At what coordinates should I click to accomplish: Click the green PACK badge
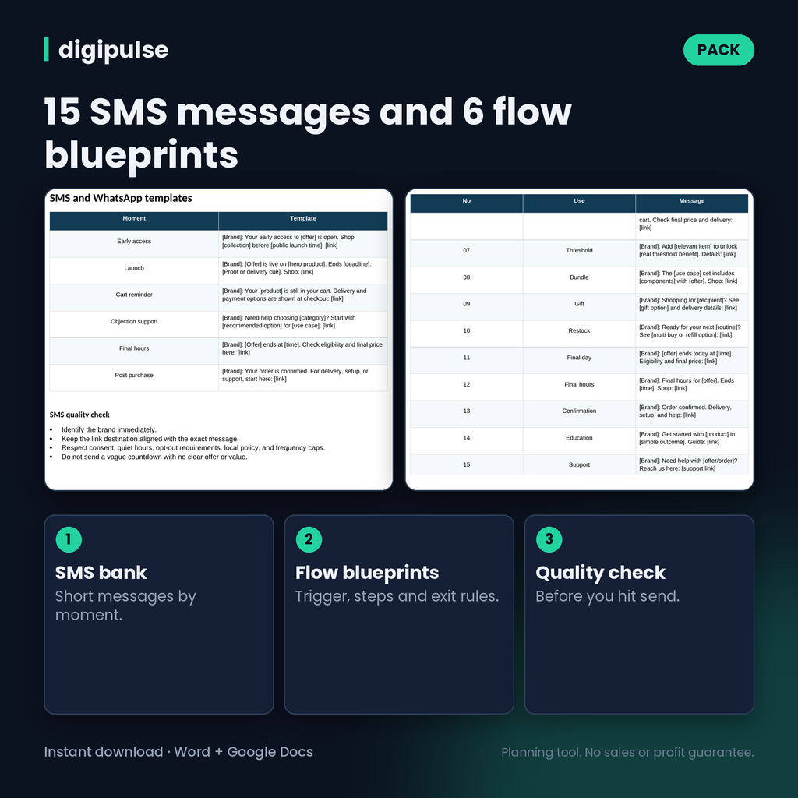point(719,50)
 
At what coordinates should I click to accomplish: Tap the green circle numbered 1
point(69,539)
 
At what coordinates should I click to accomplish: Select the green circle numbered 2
point(309,539)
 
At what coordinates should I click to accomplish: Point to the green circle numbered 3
point(549,539)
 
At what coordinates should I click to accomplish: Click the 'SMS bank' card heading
point(101,573)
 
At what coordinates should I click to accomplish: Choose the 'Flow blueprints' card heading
point(367,573)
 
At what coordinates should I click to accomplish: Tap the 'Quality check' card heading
point(600,573)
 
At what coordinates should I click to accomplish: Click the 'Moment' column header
point(134,218)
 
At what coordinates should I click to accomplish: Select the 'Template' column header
point(303,218)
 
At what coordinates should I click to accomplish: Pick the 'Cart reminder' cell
point(134,295)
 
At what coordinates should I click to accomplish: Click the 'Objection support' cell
point(134,322)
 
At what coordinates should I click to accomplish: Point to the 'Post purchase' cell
point(134,375)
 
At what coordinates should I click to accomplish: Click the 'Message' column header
point(692,201)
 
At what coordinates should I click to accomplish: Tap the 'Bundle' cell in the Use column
point(579,277)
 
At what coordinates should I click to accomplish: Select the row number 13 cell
point(467,411)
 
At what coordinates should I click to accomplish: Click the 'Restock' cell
point(579,330)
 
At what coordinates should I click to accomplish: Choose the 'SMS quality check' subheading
point(79,415)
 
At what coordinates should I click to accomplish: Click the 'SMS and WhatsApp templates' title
point(121,198)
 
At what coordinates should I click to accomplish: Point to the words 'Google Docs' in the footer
point(270,752)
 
